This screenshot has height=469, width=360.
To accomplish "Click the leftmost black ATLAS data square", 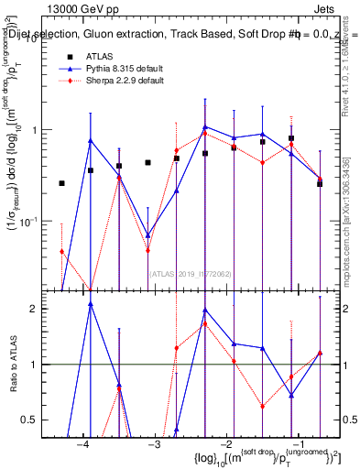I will [x=61, y=183].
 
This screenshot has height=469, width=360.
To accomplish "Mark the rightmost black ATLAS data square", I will [x=320, y=183].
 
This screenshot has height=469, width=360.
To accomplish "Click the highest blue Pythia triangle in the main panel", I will [x=205, y=127].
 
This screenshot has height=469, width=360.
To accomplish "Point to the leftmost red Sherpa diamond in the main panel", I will [x=61, y=251].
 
